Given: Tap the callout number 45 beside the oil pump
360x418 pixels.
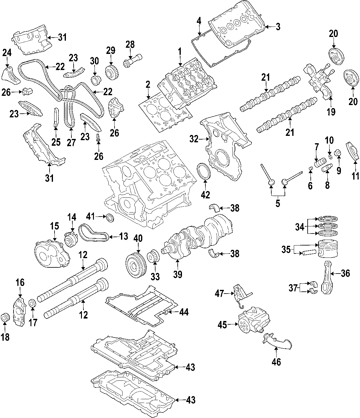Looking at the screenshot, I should point(222,324).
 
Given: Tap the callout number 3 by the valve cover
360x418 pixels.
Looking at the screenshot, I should point(278,27).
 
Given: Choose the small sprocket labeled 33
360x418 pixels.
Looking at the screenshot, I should point(154,257).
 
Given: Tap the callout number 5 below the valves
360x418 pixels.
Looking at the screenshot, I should point(278,204).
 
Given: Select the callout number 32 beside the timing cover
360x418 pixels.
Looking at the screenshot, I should point(194,139).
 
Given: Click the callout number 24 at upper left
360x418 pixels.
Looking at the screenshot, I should point(7,53).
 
